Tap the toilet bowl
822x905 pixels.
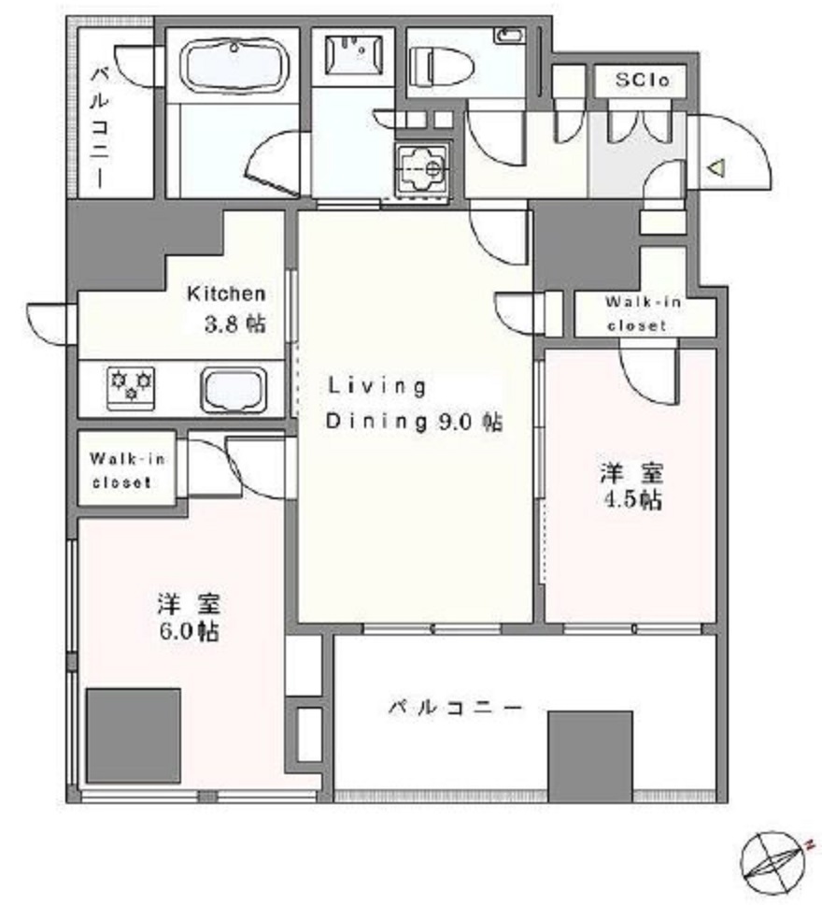click(441, 65)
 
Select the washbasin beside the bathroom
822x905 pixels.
click(354, 53)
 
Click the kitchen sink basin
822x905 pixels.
click(234, 390)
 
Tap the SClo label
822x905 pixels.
click(641, 80)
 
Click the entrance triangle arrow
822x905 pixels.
click(716, 168)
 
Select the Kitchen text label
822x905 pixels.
click(226, 294)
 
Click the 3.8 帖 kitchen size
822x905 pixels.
click(235, 324)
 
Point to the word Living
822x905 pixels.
click(377, 387)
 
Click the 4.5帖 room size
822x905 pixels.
click(631, 500)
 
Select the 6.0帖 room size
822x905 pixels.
click(189, 631)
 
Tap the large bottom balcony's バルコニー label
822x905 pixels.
click(455, 707)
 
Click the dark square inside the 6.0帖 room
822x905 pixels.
click(134, 735)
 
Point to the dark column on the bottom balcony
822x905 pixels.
click(590, 756)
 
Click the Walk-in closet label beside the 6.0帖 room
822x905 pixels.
click(127, 470)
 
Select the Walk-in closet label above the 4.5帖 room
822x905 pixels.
click(643, 313)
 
